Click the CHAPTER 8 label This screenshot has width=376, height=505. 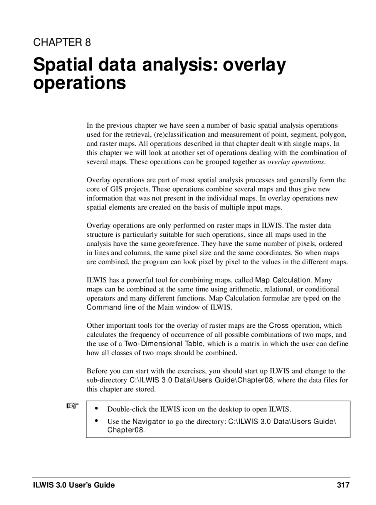pos(62,43)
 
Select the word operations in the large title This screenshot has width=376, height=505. pos(79,83)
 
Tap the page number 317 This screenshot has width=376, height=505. pos(343,485)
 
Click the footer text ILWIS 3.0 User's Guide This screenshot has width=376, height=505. pos(74,485)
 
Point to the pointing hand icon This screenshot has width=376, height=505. pos(72,406)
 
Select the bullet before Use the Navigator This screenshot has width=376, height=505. pos(96,421)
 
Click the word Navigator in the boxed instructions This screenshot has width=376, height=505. pos(149,422)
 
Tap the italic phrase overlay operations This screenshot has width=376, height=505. pos(296,162)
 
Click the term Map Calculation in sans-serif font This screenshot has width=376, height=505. pos(283,280)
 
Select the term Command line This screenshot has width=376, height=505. pos(111,307)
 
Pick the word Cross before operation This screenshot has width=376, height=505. pos(279,326)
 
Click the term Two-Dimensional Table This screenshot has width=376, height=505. pos(163,344)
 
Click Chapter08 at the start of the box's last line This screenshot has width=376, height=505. pos(125,430)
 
